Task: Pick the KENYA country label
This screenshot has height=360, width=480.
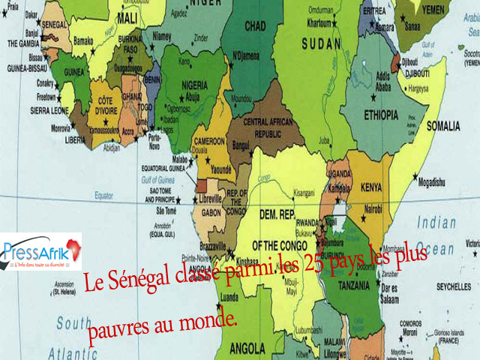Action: click(x=370, y=185)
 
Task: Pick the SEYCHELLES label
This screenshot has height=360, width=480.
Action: click(x=453, y=288)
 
